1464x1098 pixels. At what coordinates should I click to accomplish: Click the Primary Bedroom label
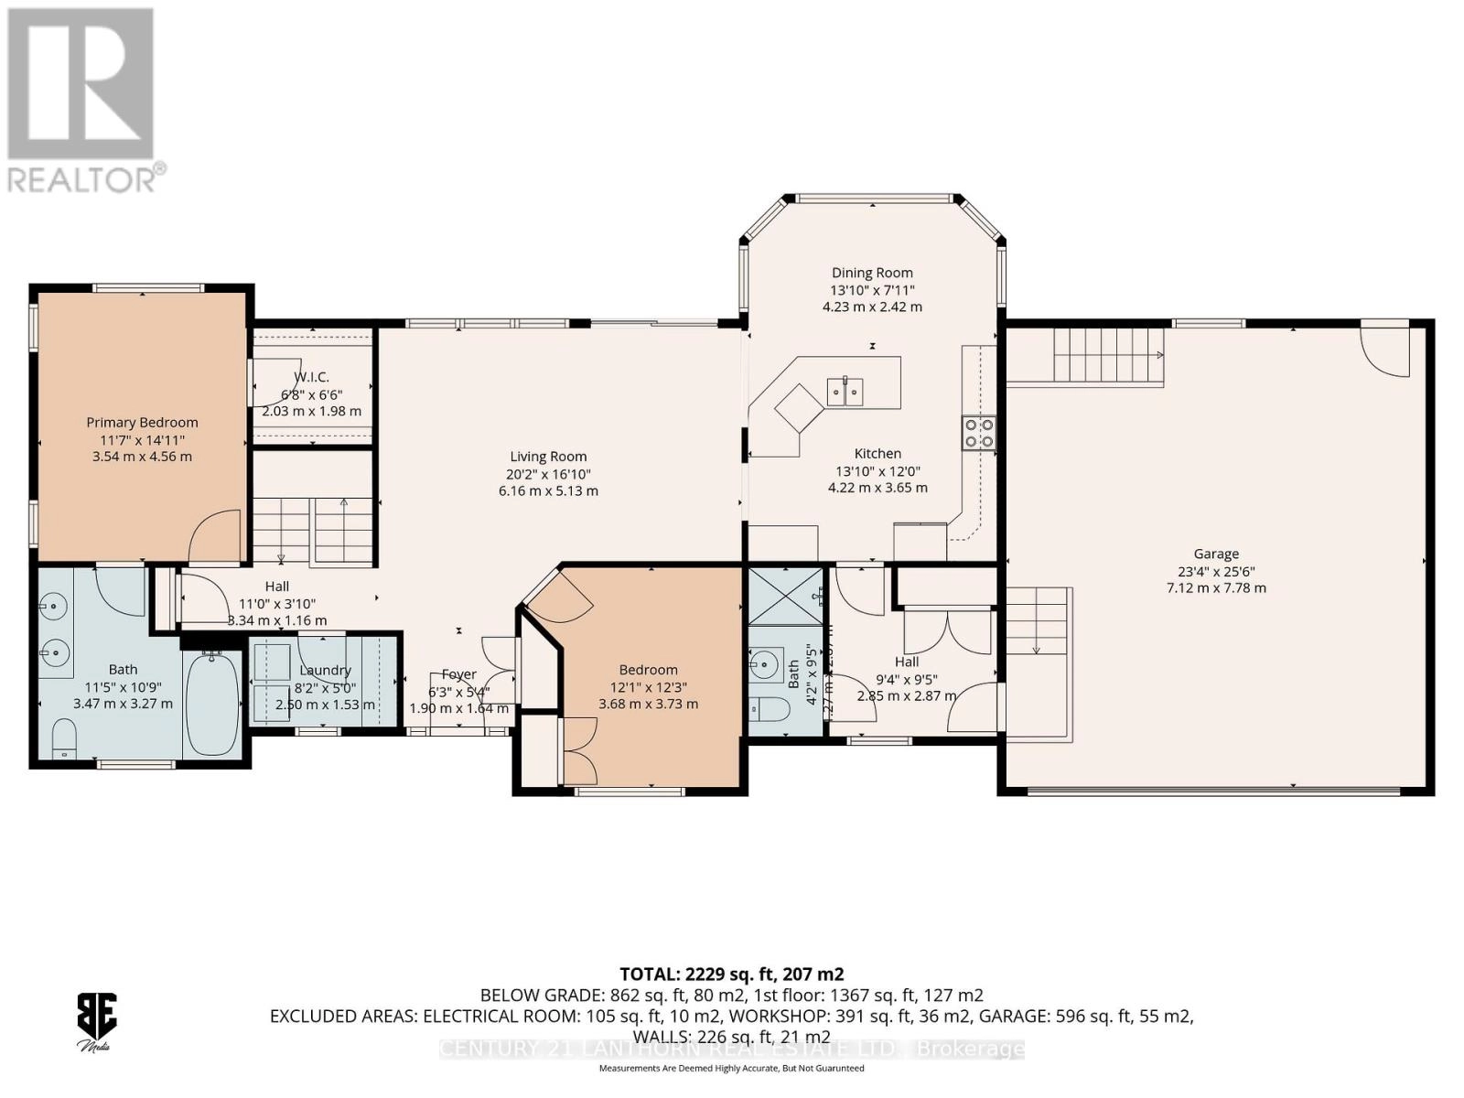142,422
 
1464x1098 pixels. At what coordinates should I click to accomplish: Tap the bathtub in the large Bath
212,703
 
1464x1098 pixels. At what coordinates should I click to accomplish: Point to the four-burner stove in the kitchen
978,433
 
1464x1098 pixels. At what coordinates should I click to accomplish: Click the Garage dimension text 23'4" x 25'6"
1216,571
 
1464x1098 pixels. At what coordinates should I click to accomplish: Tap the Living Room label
548,457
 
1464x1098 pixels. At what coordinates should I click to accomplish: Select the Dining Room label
872,273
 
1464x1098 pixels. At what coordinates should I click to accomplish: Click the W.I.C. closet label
311,377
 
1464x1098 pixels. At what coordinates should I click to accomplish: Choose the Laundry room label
325,670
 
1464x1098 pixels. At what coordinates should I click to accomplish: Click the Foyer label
458,674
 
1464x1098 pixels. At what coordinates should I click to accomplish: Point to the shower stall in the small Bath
785,596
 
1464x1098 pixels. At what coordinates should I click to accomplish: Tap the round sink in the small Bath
764,661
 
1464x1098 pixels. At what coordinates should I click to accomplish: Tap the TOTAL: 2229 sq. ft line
731,974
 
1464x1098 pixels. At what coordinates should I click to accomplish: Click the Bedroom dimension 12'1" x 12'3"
648,687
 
